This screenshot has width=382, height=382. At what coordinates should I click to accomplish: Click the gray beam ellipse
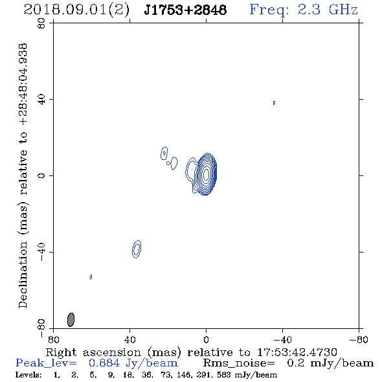tap(71, 320)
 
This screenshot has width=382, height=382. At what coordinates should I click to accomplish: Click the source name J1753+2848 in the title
tap(185, 10)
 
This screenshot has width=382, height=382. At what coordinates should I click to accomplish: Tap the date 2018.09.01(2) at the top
tap(76, 10)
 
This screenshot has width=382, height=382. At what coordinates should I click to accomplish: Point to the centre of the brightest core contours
tap(206, 174)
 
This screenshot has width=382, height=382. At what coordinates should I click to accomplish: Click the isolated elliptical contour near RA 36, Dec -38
tap(137, 249)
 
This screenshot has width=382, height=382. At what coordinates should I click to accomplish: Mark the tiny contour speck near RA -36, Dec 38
tap(274, 103)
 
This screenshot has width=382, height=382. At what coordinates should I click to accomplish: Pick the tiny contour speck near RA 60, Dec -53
tap(91, 277)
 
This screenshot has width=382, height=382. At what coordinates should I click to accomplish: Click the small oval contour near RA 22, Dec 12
tap(164, 153)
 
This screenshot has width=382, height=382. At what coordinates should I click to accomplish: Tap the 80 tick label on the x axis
tap(53, 339)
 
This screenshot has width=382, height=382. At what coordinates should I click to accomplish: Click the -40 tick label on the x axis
tap(282, 339)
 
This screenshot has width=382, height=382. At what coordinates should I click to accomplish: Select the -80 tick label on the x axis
tap(359, 339)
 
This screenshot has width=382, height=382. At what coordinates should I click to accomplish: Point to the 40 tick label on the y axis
tap(41, 100)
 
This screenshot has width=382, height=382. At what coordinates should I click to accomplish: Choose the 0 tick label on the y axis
tap(41, 175)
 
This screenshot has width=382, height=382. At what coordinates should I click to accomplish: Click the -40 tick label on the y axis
tap(41, 252)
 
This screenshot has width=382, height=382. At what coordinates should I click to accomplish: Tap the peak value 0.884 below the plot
tap(104, 363)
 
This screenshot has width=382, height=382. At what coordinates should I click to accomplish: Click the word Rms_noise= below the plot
tap(239, 363)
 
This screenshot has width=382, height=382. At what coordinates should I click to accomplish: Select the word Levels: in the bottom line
tap(28, 375)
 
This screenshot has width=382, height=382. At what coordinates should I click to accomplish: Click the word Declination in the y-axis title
tap(23, 275)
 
